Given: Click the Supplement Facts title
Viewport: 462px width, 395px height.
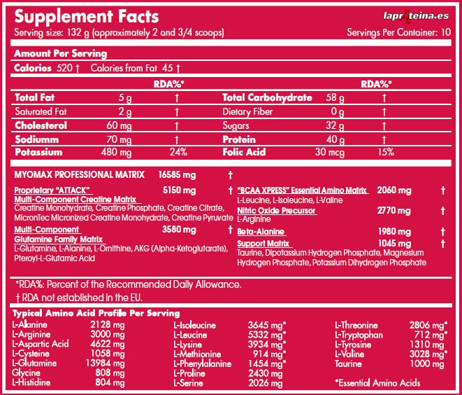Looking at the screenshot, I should (86, 15).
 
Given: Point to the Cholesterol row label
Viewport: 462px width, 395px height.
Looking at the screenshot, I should (41, 125).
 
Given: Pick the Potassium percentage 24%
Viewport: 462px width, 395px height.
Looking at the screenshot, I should (178, 152).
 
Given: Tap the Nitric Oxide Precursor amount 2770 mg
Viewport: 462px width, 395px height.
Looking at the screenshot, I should (394, 210).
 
